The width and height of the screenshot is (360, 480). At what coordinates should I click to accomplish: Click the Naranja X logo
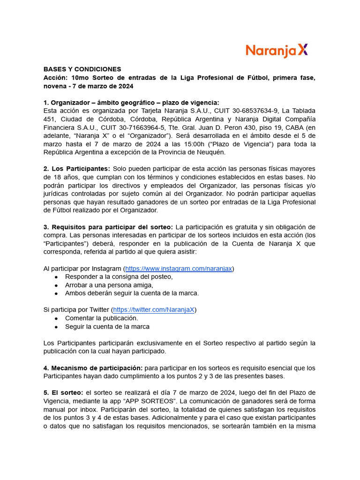click(277, 51)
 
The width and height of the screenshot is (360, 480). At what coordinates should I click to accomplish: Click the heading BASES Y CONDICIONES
click(82, 69)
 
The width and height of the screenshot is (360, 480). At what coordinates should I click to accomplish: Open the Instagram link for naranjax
click(179, 269)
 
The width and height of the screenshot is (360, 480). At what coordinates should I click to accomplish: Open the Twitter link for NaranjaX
click(154, 309)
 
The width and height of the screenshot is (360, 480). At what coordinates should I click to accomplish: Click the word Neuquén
click(210, 152)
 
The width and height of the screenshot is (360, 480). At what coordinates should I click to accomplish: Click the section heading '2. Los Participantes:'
click(77, 169)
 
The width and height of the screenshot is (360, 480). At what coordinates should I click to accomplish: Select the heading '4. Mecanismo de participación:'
click(93, 368)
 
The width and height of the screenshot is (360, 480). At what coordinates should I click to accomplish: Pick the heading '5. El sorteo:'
click(63, 392)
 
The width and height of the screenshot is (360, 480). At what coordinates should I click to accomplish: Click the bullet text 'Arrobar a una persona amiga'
click(109, 285)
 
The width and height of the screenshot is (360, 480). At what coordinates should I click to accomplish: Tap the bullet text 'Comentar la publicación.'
click(101, 318)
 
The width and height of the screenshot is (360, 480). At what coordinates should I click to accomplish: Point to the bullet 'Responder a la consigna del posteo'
click(119, 277)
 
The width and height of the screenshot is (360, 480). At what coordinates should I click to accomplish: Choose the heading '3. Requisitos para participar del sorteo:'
click(108, 227)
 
